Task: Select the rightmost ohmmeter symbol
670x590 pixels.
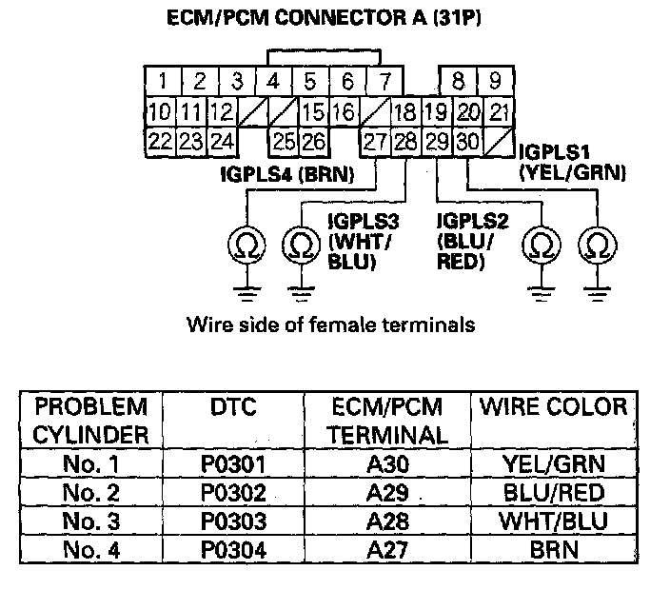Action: pyautogui.click(x=597, y=246)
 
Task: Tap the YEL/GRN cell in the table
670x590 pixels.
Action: pyautogui.click(x=553, y=465)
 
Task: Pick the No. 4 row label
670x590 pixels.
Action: pyautogui.click(x=90, y=549)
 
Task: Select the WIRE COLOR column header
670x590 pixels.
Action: pyautogui.click(x=553, y=408)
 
